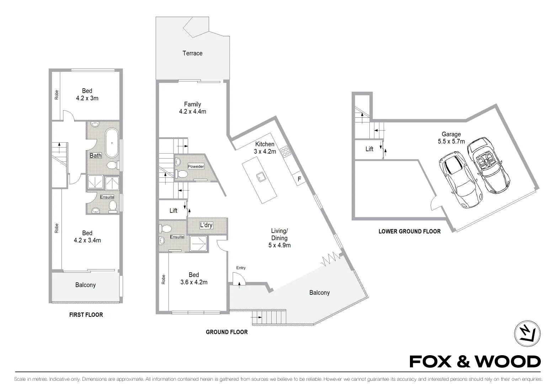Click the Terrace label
[192, 53]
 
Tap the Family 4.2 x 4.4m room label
[192, 108]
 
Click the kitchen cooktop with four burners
[285, 152]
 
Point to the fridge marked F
[299, 179]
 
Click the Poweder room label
[196, 166]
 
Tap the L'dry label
[206, 225]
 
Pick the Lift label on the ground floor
[173, 211]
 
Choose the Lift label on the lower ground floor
[369, 149]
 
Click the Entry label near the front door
[241, 268]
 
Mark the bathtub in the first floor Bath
[112, 142]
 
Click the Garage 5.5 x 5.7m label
[451, 138]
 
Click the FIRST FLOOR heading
[86, 315]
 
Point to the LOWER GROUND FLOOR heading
[409, 231]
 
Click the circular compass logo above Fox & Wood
[527, 334]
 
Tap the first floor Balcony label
[85, 285]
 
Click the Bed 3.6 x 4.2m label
[194, 278]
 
